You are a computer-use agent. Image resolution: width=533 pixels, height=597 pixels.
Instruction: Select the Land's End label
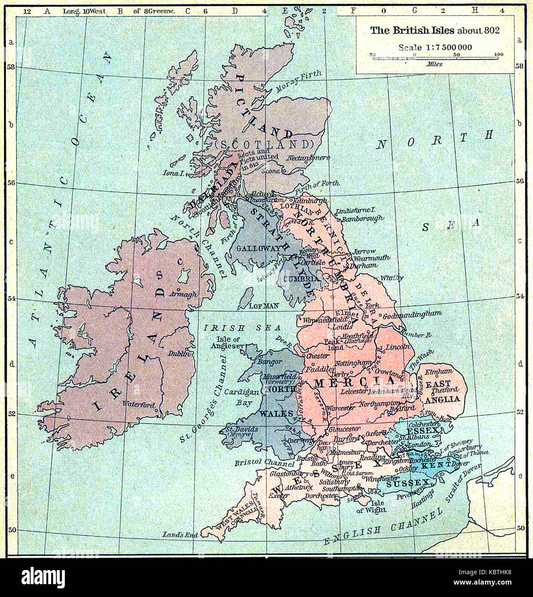tap(180, 535)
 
